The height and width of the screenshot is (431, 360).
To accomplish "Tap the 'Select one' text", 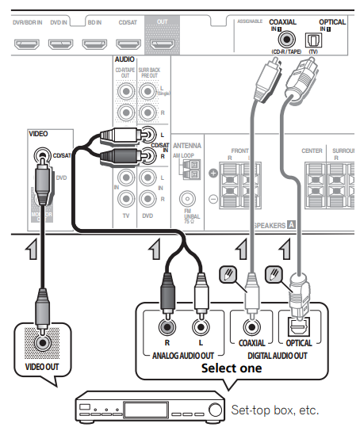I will coord(232,368).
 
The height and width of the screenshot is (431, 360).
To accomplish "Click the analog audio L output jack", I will coord(201,326).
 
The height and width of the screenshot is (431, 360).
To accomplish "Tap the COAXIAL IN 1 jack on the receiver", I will coord(284,37).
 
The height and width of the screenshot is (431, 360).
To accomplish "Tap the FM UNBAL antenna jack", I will coord(187,200).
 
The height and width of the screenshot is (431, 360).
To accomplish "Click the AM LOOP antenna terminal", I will coord(188,170).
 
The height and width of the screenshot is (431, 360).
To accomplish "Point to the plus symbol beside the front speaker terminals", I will coord(213,173).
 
